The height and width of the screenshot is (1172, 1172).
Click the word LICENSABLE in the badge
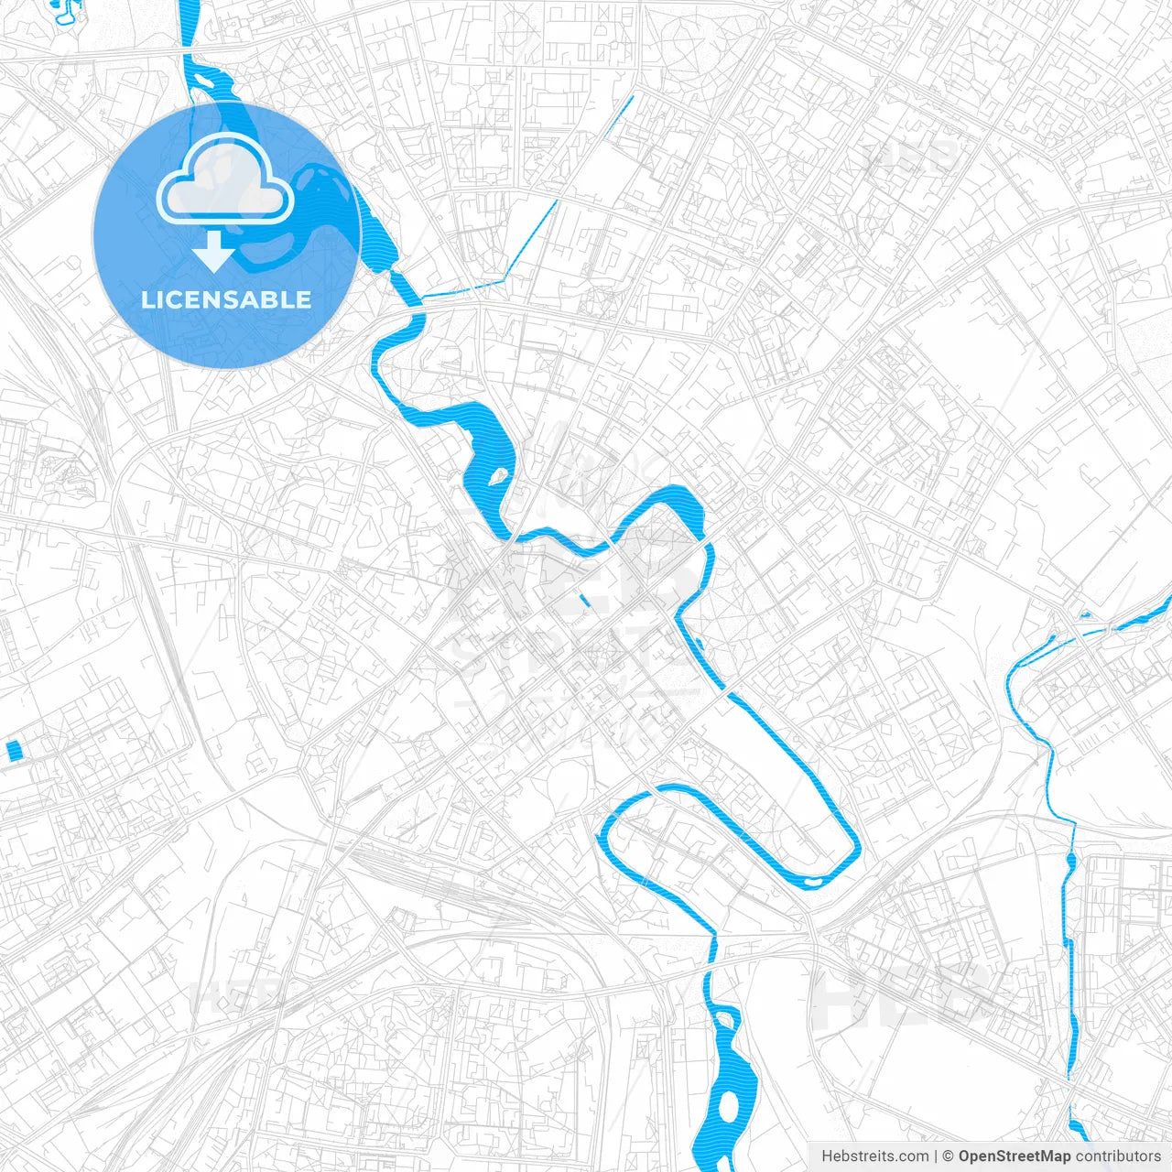pyautogui.click(x=226, y=300)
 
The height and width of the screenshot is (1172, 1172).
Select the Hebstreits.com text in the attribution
pyautogui.click(x=875, y=1156)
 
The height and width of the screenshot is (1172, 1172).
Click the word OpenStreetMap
pyautogui.click(x=1014, y=1156)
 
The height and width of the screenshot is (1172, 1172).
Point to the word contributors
pyautogui.click(x=1118, y=1156)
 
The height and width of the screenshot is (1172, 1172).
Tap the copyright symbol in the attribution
pyautogui.click(x=949, y=1156)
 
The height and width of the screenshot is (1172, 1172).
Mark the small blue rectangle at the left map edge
pyautogui.click(x=14, y=751)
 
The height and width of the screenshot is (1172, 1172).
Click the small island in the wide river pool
pyautogui.click(x=500, y=476)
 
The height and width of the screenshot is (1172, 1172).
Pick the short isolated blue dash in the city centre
pyautogui.click(x=584, y=601)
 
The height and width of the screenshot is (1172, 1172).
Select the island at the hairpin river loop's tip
pyautogui.click(x=812, y=881)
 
